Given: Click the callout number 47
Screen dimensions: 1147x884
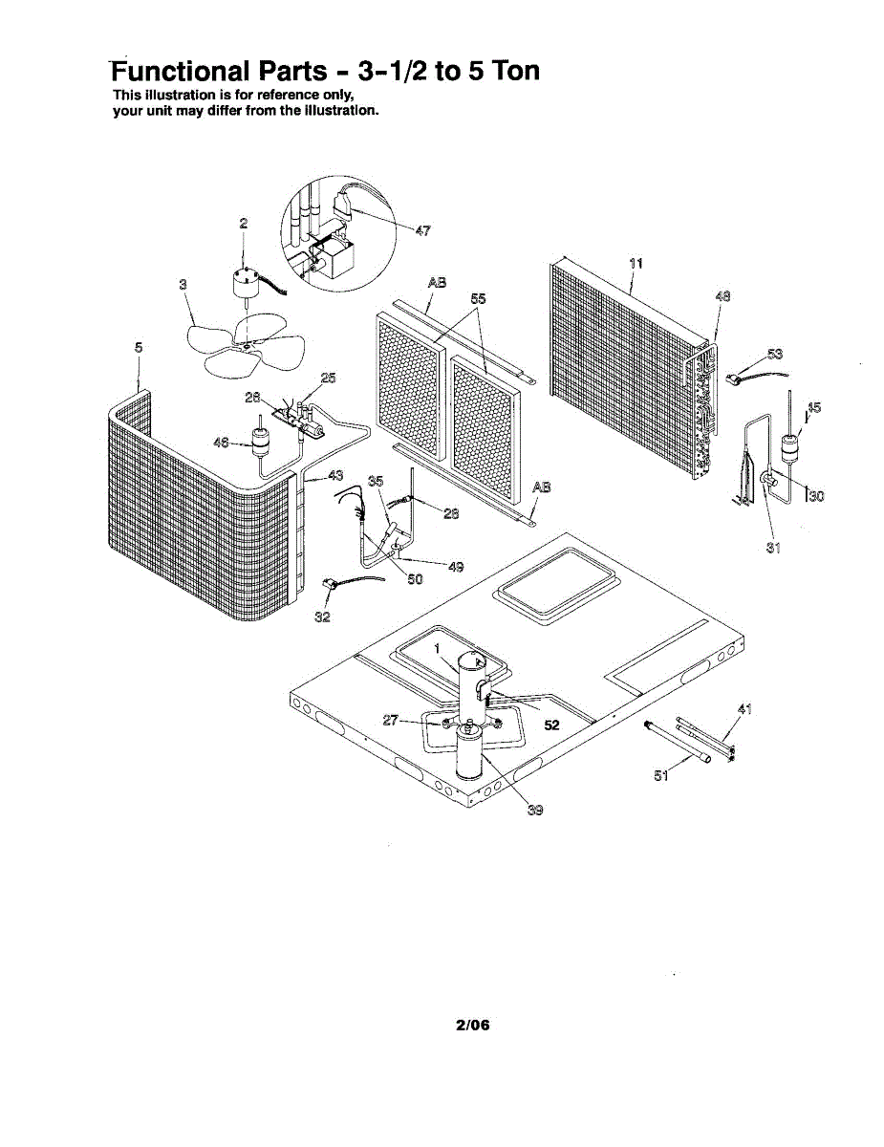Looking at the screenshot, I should point(423,230).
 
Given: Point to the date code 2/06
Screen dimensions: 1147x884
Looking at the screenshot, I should point(473,1026).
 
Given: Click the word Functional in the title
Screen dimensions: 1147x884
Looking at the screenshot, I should point(180,71).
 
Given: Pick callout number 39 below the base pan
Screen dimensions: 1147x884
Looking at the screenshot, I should point(535,810).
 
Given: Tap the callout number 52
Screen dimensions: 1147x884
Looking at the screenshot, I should point(551,725).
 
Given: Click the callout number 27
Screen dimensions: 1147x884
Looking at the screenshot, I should point(390,720).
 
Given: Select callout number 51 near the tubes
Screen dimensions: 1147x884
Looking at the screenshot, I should point(661,775).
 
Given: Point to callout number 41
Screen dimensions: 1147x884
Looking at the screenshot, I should point(746,708).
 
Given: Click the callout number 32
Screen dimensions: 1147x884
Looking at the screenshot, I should point(323,617).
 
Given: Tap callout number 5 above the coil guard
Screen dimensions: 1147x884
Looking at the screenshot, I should point(139,348).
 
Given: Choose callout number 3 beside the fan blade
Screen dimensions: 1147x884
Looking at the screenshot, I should point(183,284).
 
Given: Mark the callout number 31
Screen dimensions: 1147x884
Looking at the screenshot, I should point(774,548).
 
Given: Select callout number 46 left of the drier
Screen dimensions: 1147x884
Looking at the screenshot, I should point(221,442).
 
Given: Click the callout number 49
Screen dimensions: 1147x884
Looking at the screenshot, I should point(456,566).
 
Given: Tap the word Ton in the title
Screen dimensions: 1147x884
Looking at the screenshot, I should point(507,71).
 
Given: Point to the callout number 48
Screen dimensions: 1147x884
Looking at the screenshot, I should point(722,296).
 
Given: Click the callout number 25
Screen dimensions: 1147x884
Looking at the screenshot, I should point(328,379).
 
